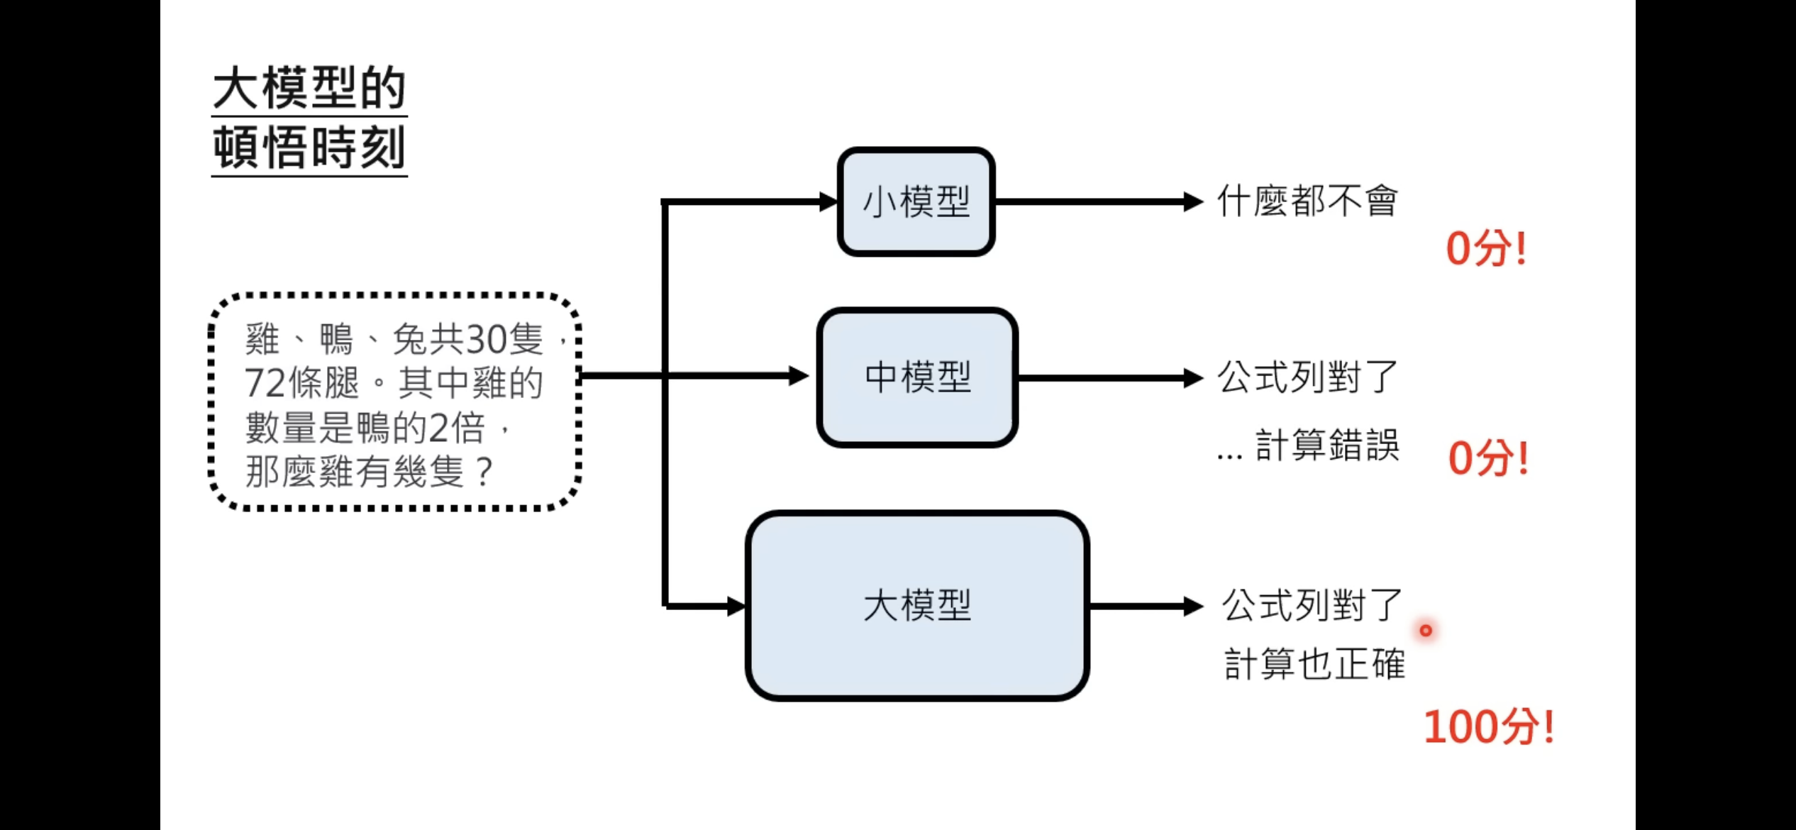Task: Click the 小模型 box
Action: pyautogui.click(x=916, y=201)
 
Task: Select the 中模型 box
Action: pyautogui.click(x=917, y=377)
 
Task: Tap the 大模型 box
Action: pyautogui.click(x=917, y=606)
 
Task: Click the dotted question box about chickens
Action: pyautogui.click(x=394, y=402)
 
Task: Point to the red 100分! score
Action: pyautogui.click(x=1488, y=726)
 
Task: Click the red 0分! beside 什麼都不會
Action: pyautogui.click(x=1486, y=248)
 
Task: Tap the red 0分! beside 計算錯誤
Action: pyautogui.click(x=1488, y=458)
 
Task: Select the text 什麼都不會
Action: pyautogui.click(x=1307, y=201)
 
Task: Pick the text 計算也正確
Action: pyautogui.click(x=1314, y=664)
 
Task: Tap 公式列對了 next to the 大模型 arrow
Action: pyautogui.click(x=1312, y=605)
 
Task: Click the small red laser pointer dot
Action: pyautogui.click(x=1426, y=630)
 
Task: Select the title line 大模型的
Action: pyautogui.click(x=309, y=89)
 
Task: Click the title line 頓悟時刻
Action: pyautogui.click(x=309, y=148)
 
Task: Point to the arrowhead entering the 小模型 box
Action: pyautogui.click(x=828, y=201)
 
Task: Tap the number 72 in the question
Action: pyautogui.click(x=265, y=383)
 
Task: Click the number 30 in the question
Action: pyautogui.click(x=485, y=339)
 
